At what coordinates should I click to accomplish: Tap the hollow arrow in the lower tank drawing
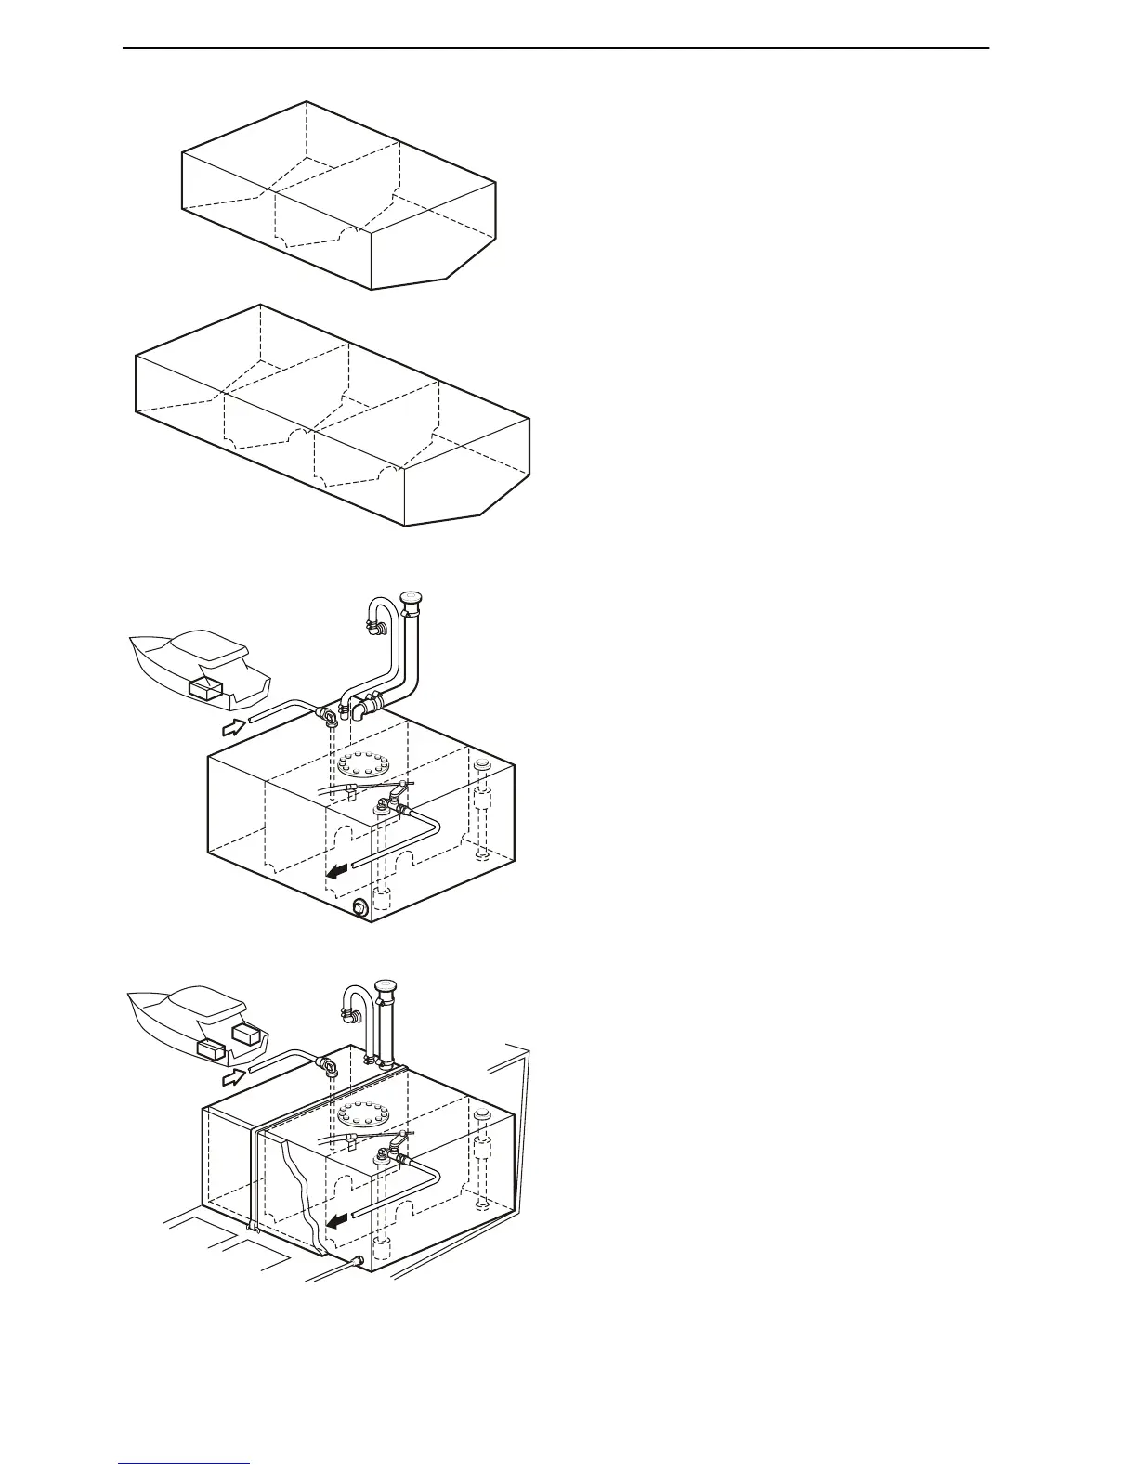click(235, 1077)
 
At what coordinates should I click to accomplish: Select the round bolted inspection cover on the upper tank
click(363, 766)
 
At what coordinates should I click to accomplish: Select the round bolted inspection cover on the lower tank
click(363, 1115)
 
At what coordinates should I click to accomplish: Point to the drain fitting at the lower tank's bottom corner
click(357, 1260)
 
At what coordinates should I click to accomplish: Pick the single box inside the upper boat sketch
click(205, 688)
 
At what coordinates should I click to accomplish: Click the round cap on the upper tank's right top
click(481, 764)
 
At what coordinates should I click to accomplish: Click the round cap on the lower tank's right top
click(481, 1115)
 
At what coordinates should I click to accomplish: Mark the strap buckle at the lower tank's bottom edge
click(252, 1225)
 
